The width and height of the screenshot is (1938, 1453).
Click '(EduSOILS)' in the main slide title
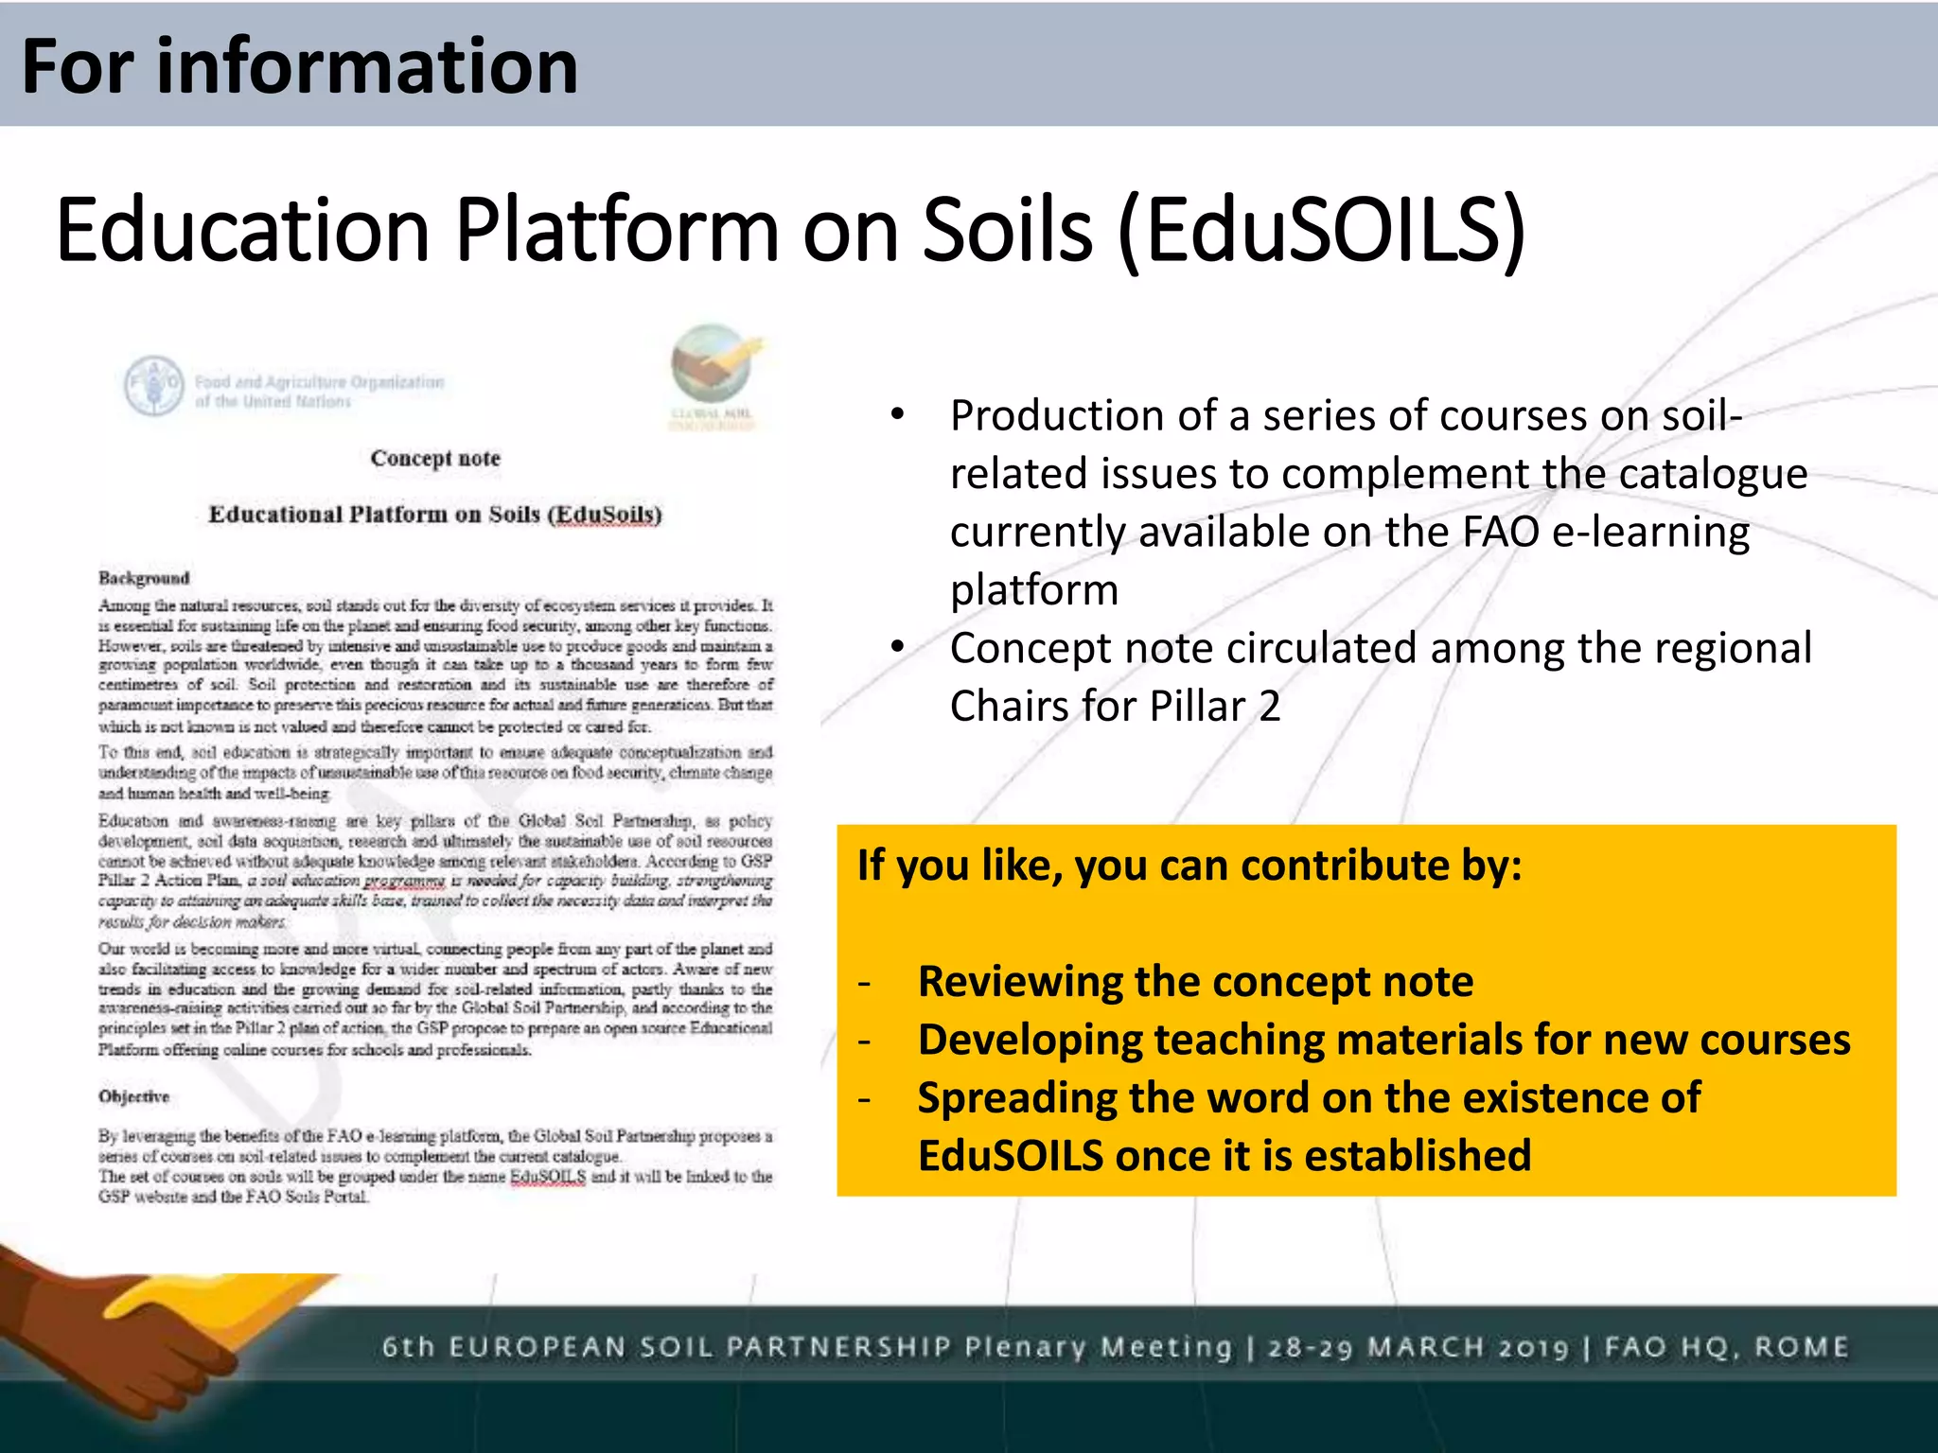coord(1321,230)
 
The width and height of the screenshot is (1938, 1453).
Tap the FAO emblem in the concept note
coord(153,386)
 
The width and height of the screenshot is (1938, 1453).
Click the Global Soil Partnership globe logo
coord(712,364)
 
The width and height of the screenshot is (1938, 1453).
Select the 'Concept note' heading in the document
coord(435,459)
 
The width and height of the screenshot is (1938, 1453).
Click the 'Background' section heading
coord(144,578)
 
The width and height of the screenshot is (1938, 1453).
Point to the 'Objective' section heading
coord(133,1096)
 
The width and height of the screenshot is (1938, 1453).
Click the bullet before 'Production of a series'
coord(897,414)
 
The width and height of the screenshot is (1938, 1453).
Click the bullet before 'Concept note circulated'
coord(897,647)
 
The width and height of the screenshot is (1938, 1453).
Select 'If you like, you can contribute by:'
coord(1189,866)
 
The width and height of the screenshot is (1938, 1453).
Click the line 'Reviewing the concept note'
coord(1194,981)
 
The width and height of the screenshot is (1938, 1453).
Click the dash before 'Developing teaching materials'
coord(863,1041)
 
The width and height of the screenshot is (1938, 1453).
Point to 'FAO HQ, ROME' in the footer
coord(1726,1347)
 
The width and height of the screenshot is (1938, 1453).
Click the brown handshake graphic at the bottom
coord(123,1343)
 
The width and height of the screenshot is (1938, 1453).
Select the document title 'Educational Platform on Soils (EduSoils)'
coord(435,515)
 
